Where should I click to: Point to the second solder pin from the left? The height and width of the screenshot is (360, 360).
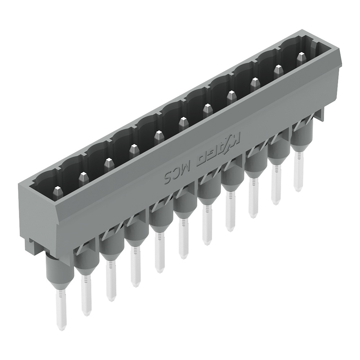click(x=86, y=293)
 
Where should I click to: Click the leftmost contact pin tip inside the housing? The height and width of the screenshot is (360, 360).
click(x=58, y=192)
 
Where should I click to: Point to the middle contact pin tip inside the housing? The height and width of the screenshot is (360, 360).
click(x=183, y=123)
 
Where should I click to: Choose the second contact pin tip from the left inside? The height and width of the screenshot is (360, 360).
click(x=84, y=178)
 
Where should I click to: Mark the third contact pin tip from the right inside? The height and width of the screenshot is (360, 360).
click(x=255, y=83)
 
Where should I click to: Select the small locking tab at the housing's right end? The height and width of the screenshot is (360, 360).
click(x=319, y=114)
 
